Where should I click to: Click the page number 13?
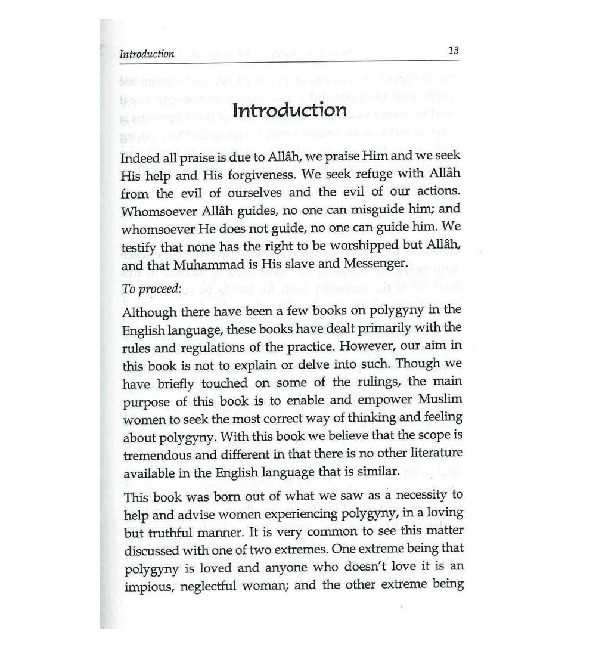[x=453, y=51]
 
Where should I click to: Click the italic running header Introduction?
[x=147, y=54]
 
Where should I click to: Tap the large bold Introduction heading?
[x=290, y=111]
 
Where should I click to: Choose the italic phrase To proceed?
[x=151, y=289]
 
